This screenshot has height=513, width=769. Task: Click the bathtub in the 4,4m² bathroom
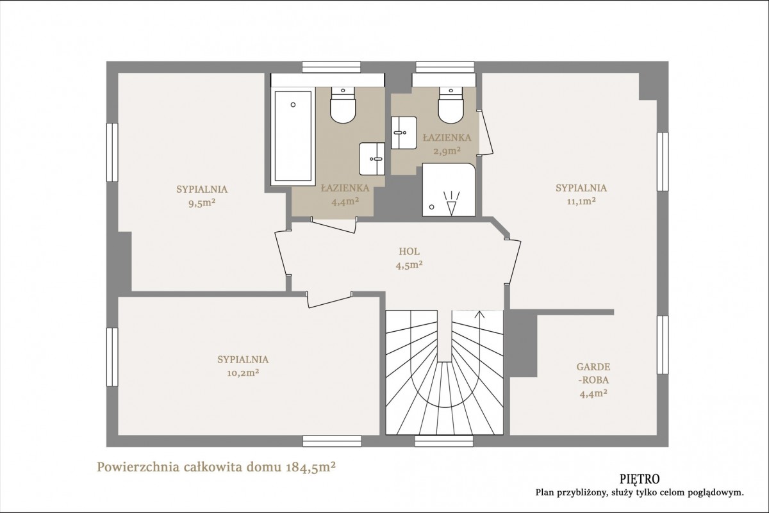(293, 136)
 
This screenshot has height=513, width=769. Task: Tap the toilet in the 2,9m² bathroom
(451, 105)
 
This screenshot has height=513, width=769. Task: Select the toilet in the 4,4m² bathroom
(343, 105)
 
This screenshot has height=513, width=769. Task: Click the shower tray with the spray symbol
(449, 190)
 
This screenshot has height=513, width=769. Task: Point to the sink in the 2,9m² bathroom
(404, 133)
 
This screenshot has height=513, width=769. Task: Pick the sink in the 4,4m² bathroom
(372, 159)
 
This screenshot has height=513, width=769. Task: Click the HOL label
(409, 252)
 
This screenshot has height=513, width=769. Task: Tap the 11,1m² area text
(581, 201)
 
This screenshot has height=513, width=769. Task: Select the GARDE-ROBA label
(593, 373)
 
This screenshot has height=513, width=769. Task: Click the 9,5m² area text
(202, 203)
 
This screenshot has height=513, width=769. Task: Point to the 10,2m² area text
(243, 373)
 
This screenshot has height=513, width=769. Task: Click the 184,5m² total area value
(310, 467)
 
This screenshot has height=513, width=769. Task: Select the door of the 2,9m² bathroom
(486, 132)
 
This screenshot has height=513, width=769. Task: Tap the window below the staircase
(444, 441)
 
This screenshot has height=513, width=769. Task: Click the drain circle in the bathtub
(293, 104)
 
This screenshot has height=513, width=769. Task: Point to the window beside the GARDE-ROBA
(663, 345)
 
